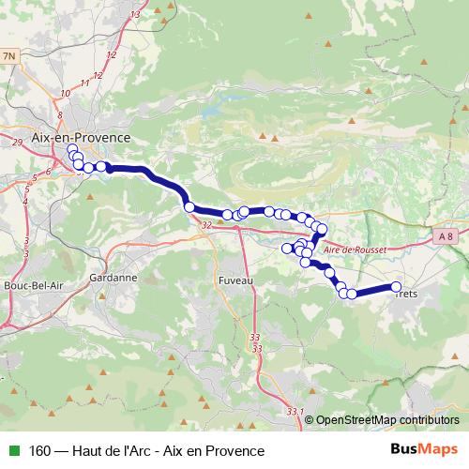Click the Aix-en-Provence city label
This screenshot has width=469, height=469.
tap(81, 136)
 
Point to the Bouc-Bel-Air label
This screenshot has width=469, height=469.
tap(34, 284)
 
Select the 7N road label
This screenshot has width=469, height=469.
tap(10, 57)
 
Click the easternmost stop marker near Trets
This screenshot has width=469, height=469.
tap(396, 287)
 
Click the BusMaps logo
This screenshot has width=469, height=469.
tap(424, 450)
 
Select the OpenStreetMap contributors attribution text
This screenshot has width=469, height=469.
tap(387, 420)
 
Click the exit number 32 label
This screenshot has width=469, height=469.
tap(205, 225)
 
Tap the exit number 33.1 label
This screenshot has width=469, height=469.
tap(296, 411)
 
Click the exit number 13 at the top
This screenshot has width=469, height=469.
tap(137, 15)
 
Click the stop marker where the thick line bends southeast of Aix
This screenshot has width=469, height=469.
tap(189, 206)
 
